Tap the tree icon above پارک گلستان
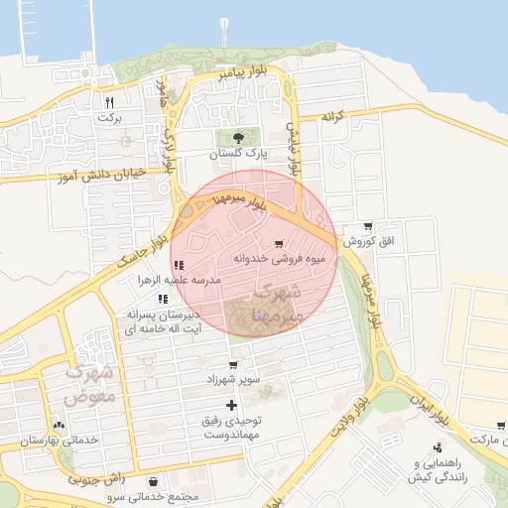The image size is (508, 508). coord(237,139)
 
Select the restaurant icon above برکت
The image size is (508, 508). coord(109,102)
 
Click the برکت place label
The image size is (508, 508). coord(108,117)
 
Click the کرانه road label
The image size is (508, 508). coord(331,116)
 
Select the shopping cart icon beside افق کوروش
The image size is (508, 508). coord(369,226)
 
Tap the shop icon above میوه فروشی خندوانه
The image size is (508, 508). coord(279,243)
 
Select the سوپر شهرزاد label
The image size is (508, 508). coord(233,380)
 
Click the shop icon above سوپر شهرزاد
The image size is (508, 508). coord(233,365)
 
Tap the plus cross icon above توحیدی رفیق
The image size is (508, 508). coord(232,405)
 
